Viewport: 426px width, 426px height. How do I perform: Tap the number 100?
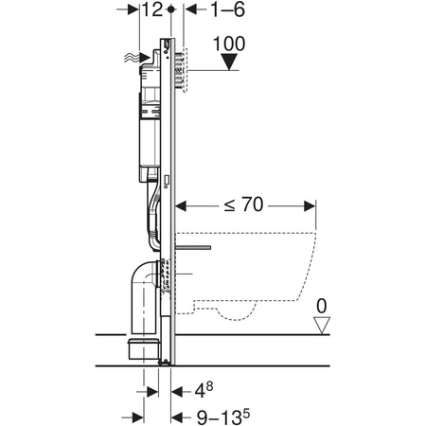click(x=231, y=43)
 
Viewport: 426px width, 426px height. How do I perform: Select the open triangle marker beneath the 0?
click(x=323, y=325)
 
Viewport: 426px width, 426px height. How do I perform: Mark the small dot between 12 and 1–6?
click(x=170, y=9)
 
